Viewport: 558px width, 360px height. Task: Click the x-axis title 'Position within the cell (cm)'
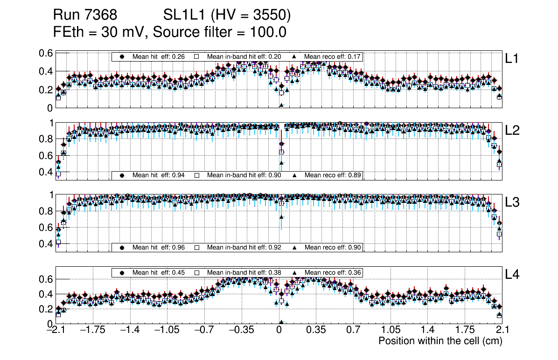(440, 341)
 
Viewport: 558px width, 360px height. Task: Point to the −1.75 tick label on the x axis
(93, 330)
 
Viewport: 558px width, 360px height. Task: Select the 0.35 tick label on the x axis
(316, 330)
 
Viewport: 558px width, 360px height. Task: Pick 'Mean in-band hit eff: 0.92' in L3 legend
(244, 247)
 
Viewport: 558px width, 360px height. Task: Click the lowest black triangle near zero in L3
(281, 217)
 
